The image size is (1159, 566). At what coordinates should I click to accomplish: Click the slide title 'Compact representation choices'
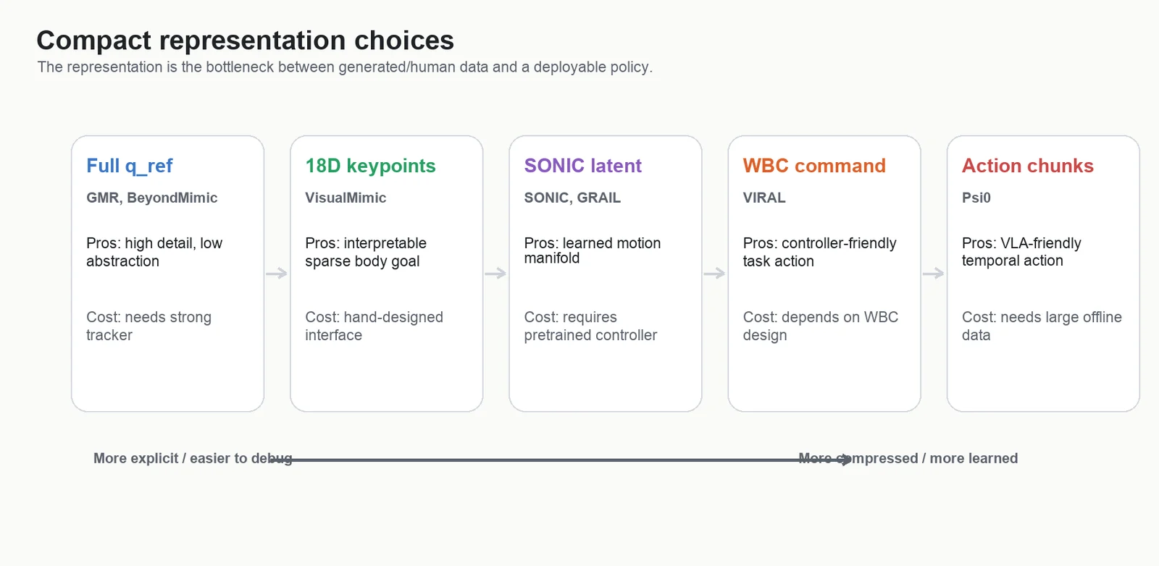(246, 41)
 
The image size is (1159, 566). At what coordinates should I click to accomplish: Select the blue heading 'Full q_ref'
(130, 166)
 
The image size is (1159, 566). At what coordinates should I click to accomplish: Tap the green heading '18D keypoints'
(370, 166)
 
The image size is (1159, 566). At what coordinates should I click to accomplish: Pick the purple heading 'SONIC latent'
(582, 166)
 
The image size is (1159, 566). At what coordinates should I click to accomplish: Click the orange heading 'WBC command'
(814, 166)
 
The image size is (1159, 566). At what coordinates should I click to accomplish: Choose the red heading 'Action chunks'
(1028, 166)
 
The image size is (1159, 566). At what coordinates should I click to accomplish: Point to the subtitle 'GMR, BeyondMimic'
(151, 198)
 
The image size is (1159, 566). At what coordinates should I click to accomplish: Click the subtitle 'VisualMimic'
(346, 198)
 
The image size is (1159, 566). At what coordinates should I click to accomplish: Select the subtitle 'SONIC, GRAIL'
(572, 198)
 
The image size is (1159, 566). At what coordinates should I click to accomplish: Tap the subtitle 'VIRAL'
(764, 198)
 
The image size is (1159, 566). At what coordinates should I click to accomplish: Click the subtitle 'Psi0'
(976, 198)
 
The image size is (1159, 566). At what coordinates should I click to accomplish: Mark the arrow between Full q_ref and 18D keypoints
(277, 273)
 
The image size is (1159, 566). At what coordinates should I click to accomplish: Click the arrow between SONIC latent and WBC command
(714, 273)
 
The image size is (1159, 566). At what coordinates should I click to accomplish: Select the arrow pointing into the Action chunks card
(934, 273)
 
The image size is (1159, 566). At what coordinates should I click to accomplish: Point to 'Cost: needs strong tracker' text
(148, 326)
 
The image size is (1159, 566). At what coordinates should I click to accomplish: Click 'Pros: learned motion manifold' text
(593, 250)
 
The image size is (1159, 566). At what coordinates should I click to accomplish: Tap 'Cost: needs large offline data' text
(1042, 326)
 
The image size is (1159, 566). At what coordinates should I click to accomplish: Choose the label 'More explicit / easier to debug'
(193, 458)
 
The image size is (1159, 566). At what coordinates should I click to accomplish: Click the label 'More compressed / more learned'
(908, 458)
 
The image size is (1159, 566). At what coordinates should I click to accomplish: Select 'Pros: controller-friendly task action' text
(819, 253)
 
